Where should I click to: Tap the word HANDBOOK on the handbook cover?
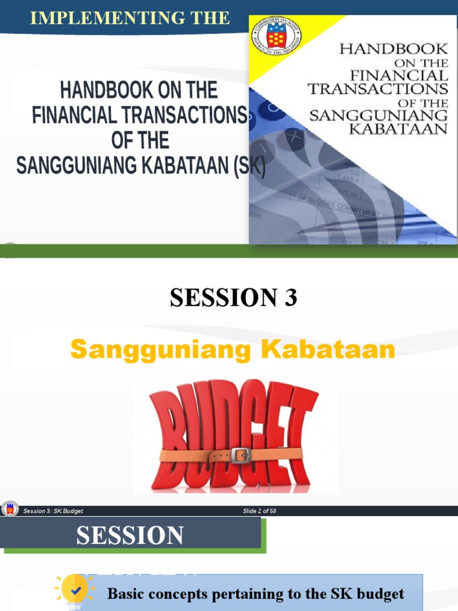pyautogui.click(x=393, y=49)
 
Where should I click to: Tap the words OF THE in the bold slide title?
pyautogui.click(x=140, y=140)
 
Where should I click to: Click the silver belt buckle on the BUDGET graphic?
pyautogui.click(x=240, y=456)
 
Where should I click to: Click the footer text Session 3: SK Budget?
pyautogui.click(x=53, y=511)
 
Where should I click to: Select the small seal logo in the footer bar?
pyautogui.click(x=9, y=509)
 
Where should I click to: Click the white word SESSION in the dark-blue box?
pyautogui.click(x=130, y=535)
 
